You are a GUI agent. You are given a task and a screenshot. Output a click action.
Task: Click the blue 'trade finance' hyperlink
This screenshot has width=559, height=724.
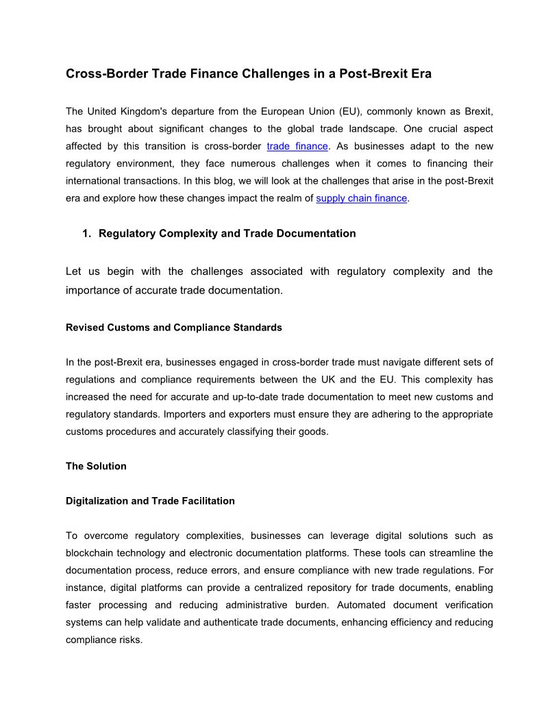(297, 146)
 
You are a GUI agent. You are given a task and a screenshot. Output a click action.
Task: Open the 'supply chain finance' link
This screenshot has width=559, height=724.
(361, 198)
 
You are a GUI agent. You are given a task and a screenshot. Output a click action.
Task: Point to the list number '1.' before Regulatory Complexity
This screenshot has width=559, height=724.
(86, 233)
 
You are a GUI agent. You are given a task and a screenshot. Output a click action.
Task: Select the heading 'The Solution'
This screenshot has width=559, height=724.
(96, 466)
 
